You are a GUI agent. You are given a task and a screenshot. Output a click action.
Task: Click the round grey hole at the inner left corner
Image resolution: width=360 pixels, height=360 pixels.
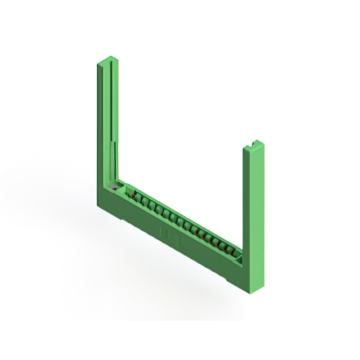[116, 188]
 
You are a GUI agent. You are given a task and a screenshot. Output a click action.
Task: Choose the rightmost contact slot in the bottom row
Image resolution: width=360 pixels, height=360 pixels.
[231, 250]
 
